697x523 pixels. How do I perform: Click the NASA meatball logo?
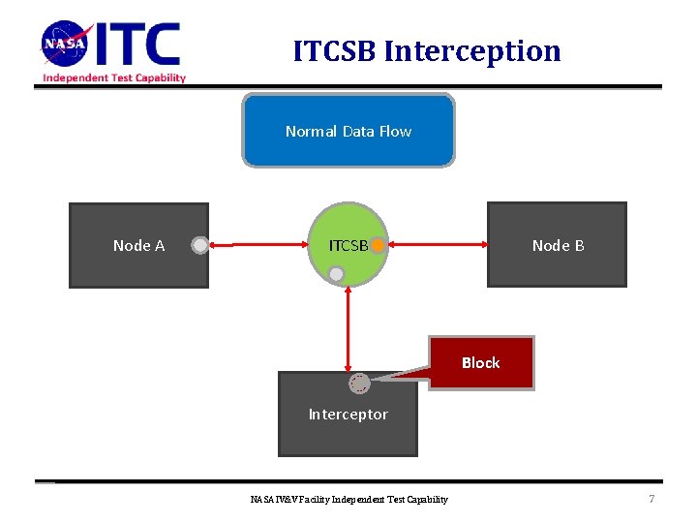tap(66, 45)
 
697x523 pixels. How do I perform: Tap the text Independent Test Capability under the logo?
tap(114, 78)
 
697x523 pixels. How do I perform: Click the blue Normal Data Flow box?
tap(348, 131)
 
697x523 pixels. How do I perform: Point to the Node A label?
tap(138, 246)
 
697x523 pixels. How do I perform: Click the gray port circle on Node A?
tap(199, 246)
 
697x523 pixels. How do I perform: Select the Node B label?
tap(558, 246)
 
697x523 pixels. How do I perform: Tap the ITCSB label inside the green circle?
tap(348, 246)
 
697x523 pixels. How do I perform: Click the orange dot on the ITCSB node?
tap(378, 246)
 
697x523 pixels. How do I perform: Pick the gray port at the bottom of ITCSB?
tap(336, 274)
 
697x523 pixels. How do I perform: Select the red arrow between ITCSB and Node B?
tap(436, 246)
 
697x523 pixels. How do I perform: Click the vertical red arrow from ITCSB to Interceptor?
tap(348, 329)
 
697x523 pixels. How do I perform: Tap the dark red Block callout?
tap(481, 362)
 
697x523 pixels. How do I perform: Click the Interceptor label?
tap(348, 415)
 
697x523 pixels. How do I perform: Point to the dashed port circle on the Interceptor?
tap(359, 384)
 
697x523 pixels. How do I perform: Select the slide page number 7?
tap(652, 499)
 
